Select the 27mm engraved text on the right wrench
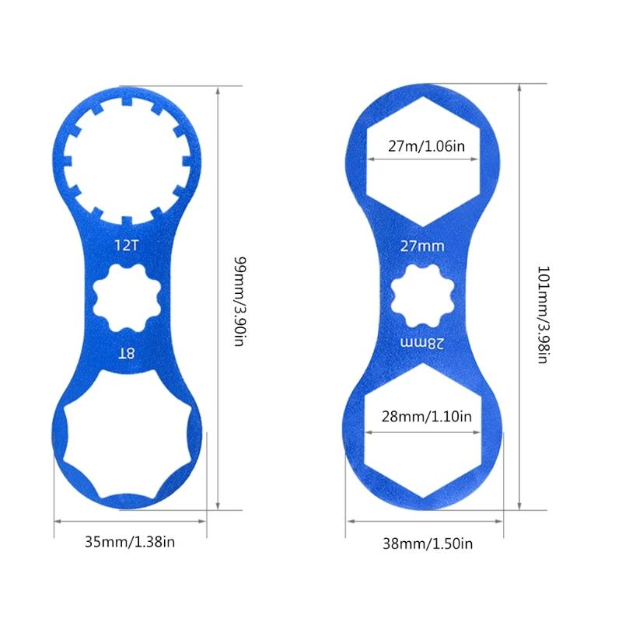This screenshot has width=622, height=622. coord(422,246)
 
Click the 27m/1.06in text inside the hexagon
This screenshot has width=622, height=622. coord(422,144)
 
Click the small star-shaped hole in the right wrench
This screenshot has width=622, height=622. coord(422,295)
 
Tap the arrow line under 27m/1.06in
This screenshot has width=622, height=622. coord(422,159)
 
